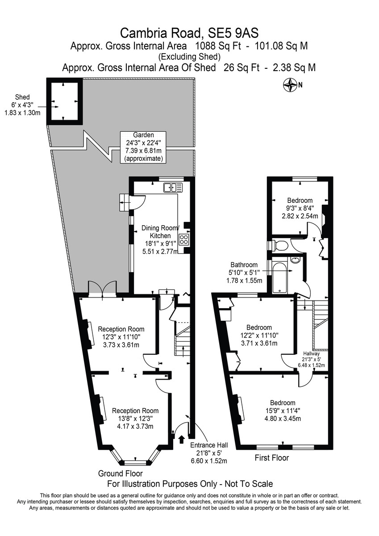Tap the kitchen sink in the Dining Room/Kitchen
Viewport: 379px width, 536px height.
173,187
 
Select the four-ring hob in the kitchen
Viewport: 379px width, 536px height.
184,239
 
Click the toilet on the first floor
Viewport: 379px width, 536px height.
280,246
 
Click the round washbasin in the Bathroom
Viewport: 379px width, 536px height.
295,260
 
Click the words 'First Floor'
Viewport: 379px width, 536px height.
271,458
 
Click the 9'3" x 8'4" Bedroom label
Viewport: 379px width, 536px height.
300,208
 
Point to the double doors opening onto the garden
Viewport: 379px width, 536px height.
102,289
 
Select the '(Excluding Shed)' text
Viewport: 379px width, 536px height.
189,57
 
